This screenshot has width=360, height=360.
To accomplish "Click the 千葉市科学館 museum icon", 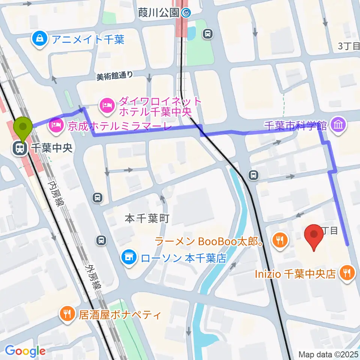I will click(x=339, y=124).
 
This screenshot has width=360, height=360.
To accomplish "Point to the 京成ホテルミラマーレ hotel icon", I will click(x=56, y=126).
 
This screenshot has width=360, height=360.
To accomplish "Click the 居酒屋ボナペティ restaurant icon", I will click(x=67, y=314).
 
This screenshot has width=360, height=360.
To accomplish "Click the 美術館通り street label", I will click(x=115, y=75).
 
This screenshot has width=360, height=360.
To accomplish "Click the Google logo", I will click(x=25, y=351).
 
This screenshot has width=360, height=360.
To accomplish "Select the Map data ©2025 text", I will click(x=328, y=354).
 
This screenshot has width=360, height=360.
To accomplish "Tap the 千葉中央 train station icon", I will click(x=19, y=148).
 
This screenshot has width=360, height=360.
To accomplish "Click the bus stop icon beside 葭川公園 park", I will click(x=207, y=34).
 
